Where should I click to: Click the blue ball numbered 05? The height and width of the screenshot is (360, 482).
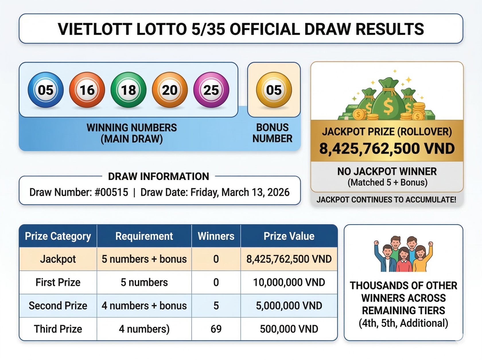click(x=46, y=90)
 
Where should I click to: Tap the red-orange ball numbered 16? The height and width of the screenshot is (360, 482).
click(x=87, y=90)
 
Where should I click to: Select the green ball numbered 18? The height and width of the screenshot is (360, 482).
click(x=128, y=90)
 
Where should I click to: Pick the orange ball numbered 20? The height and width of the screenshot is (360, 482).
click(x=170, y=90)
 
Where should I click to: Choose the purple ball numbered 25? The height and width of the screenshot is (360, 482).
click(x=211, y=90)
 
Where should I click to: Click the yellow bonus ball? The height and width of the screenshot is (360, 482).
click(x=274, y=90)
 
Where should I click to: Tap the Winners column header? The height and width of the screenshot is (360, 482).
click(x=216, y=236)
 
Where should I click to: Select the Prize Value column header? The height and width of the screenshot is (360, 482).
click(x=289, y=236)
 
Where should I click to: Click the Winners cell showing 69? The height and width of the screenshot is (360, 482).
click(x=216, y=329)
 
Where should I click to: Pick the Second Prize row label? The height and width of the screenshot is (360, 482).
click(x=58, y=305)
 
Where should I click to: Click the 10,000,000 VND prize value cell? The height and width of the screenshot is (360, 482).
click(x=289, y=282)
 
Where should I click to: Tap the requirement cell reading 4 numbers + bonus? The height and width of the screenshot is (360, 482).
click(x=144, y=305)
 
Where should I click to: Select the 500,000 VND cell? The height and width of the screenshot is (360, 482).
click(x=289, y=329)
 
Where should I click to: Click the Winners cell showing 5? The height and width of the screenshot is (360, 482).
click(x=216, y=305)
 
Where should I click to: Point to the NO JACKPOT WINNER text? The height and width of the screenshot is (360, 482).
click(x=387, y=171)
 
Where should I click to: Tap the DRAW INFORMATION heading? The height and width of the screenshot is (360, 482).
click(x=158, y=176)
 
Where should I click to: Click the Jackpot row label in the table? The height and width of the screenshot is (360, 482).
click(x=58, y=259)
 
